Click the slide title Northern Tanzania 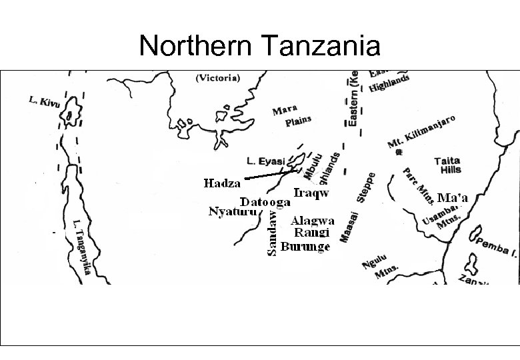[260, 46]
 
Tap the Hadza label [222, 183]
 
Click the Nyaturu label [232, 213]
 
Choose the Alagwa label [313, 221]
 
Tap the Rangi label [312, 233]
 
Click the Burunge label [305, 247]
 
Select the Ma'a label [453, 197]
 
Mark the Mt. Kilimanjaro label [421, 132]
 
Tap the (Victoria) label [218, 77]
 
